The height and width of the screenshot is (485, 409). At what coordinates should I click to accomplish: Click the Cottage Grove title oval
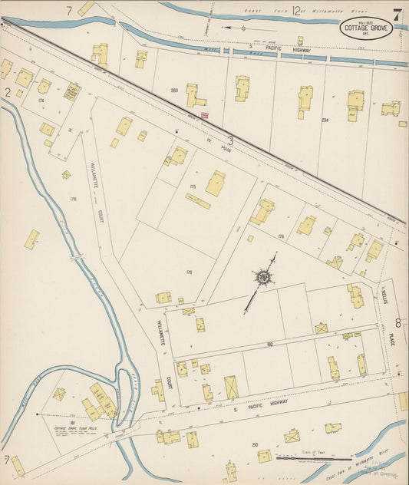pos(366,29)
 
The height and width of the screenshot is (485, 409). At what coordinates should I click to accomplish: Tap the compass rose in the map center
pos(264,277)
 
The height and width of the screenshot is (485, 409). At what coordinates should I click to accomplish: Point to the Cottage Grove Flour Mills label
pos(72,429)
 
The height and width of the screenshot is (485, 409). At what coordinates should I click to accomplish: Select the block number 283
pos(174,91)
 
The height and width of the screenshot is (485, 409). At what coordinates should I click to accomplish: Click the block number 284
pos(325,120)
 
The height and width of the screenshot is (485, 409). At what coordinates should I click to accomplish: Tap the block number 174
pos(41,101)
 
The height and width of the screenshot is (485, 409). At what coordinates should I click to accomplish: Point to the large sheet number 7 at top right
pos(397,14)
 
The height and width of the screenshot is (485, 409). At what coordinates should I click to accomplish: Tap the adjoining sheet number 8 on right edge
pos(398,323)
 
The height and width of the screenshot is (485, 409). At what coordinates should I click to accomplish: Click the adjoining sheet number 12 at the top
pos(296,9)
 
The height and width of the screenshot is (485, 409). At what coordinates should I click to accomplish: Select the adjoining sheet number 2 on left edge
pos(7,92)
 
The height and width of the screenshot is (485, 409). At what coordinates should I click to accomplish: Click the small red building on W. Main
pos(205,116)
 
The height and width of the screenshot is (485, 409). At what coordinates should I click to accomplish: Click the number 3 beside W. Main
pos(229,140)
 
